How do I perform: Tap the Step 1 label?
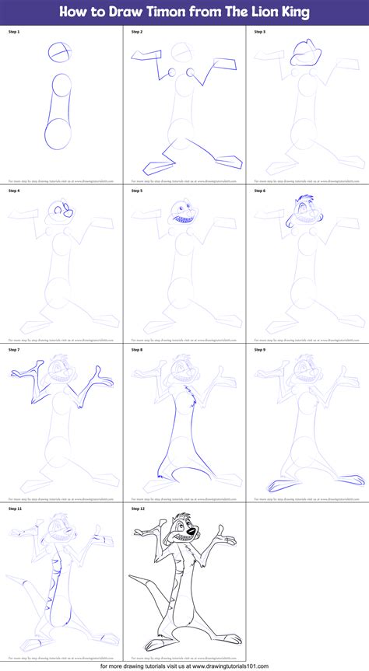(x=15, y=31)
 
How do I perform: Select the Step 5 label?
(x=137, y=190)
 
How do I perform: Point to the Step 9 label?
(x=260, y=349)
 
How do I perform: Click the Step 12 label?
(x=138, y=508)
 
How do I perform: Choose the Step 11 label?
(x=16, y=508)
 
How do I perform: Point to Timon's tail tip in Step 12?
(x=130, y=578)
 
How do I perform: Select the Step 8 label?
(x=137, y=349)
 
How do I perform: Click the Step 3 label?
(x=260, y=31)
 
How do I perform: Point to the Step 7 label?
(x=15, y=349)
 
